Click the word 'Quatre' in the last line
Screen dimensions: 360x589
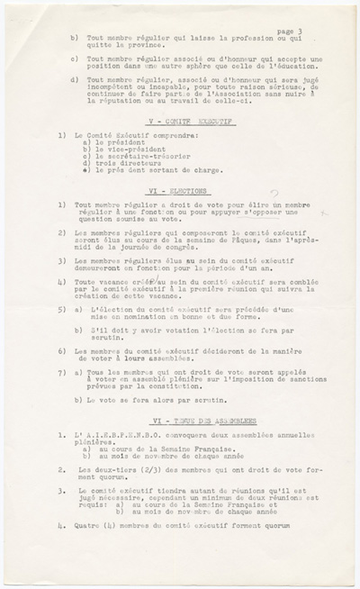[87, 524]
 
